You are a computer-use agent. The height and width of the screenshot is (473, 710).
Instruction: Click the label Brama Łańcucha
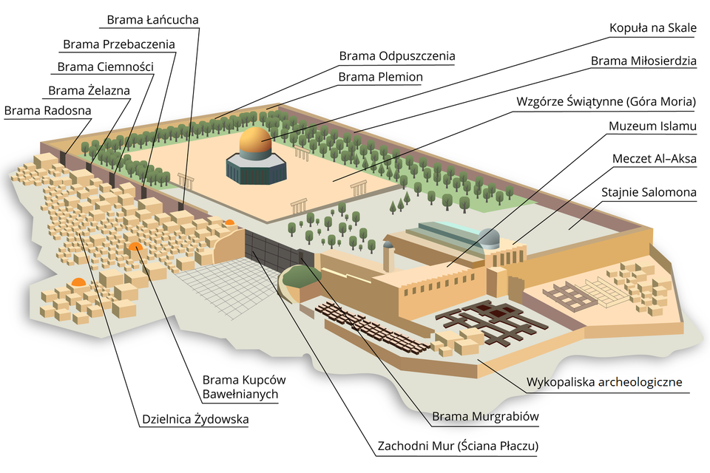pos(152,19)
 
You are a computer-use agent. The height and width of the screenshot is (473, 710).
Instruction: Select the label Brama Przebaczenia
pos(119,44)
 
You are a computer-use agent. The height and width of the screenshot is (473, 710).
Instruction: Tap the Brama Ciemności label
pos(105,67)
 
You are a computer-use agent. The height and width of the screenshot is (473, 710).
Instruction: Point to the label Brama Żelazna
pos(89,91)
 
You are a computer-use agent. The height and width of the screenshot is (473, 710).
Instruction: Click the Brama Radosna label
pos(47,111)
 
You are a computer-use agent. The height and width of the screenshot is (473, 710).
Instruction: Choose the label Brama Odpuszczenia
pos(396,56)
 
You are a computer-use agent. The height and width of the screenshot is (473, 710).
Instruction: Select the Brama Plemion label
pos(380,77)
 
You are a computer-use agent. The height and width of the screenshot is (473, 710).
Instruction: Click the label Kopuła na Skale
pos(652,29)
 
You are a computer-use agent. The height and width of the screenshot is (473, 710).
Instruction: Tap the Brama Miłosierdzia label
pos(643,61)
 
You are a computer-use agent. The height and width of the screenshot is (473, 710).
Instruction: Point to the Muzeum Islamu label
pos(652,126)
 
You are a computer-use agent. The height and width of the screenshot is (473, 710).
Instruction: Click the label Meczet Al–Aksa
pos(655,159)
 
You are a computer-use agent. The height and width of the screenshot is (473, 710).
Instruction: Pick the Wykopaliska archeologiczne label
pos(603,383)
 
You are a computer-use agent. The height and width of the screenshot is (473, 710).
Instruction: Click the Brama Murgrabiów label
pos(485,417)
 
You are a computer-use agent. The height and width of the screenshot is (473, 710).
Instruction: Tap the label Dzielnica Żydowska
pos(195,420)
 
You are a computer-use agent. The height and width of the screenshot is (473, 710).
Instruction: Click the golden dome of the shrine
pos(255,140)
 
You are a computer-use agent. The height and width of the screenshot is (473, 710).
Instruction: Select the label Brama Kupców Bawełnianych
pos(243,387)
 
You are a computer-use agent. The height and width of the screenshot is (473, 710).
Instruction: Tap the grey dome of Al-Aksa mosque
pos(490,238)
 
